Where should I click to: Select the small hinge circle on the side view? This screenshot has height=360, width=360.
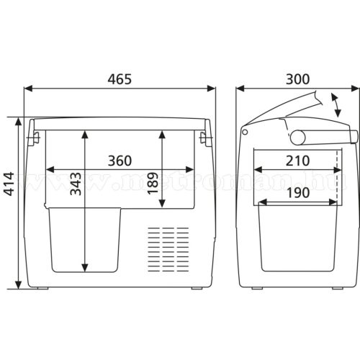246,132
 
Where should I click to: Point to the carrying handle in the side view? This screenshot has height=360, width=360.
323,137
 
